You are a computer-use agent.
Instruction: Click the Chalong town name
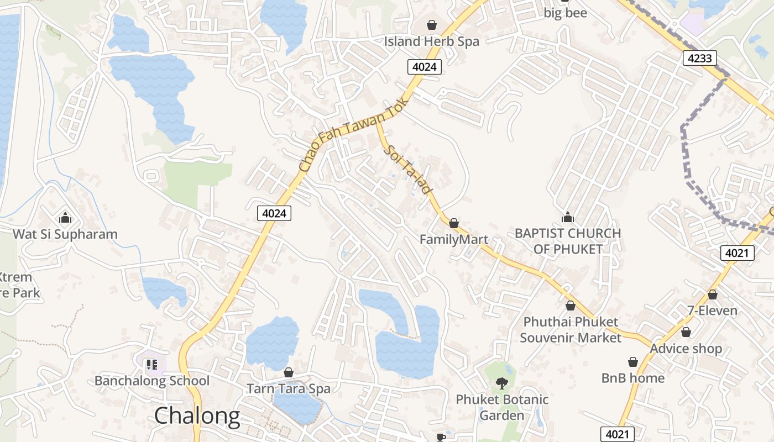(x=197, y=416)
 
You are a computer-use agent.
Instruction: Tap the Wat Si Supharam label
(x=65, y=234)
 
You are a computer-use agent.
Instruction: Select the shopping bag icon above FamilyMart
(x=454, y=223)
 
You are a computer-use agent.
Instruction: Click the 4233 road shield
(x=700, y=58)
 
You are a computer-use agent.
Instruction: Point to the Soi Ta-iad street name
(x=409, y=169)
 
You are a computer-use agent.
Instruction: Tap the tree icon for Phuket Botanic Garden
(x=502, y=383)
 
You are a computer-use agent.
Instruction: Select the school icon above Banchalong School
(x=152, y=364)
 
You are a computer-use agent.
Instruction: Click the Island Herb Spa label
(x=432, y=41)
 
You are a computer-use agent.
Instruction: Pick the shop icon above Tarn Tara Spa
(x=288, y=372)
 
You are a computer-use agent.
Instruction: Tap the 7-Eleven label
(x=712, y=311)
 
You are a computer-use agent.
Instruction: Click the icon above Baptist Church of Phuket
(x=568, y=217)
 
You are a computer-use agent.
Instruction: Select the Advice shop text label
(x=686, y=349)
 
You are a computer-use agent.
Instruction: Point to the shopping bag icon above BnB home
(x=633, y=362)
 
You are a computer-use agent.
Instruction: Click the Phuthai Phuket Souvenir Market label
(x=571, y=329)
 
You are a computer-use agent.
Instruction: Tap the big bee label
(x=566, y=13)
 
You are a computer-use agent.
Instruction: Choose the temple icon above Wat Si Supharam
(x=65, y=218)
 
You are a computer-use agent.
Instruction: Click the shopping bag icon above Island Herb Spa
(x=432, y=25)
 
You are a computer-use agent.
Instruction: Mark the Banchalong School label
(x=152, y=381)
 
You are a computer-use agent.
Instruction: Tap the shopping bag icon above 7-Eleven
(x=713, y=294)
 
